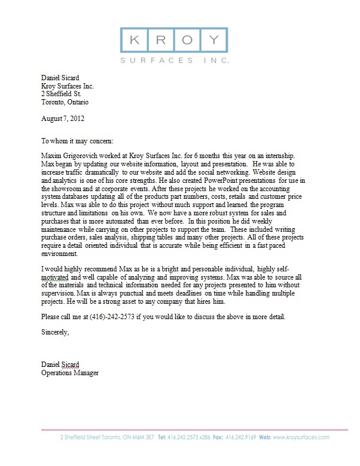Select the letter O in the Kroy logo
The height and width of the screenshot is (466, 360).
pyautogui.click(x=186, y=40)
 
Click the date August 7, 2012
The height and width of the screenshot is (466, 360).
pyautogui.click(x=63, y=118)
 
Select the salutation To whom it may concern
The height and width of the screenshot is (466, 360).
pyautogui.click(x=80, y=142)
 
